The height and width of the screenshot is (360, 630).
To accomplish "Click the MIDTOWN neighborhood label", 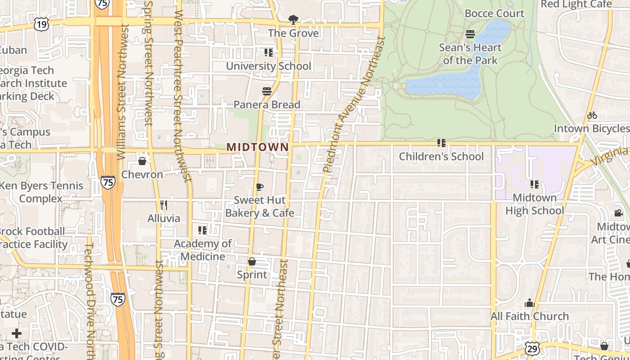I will click(257, 147).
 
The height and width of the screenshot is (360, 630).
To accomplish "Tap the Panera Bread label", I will click(267, 104).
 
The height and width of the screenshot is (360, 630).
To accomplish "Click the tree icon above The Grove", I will click(293, 20).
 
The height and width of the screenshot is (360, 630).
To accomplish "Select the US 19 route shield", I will click(41, 24).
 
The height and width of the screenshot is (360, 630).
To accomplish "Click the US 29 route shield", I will click(532, 348).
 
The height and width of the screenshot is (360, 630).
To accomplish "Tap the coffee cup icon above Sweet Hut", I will click(259, 187).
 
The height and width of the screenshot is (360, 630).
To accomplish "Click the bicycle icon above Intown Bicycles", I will click(592, 115).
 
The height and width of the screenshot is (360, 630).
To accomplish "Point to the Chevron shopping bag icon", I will click(142, 161).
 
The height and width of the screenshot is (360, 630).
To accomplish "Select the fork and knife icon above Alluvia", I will click(164, 205).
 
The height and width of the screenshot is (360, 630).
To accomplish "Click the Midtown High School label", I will click(535, 204).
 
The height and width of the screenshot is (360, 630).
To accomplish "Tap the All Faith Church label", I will click(530, 316).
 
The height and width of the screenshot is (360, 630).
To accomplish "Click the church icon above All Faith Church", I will click(530, 303).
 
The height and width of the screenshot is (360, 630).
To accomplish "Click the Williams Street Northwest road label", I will click(121, 92).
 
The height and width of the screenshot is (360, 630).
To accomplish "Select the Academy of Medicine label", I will click(202, 250).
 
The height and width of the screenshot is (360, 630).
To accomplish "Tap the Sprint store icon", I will click(252, 261).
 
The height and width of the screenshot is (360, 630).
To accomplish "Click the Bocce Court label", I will click(494, 13).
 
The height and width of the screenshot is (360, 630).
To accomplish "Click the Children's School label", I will click(441, 157).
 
